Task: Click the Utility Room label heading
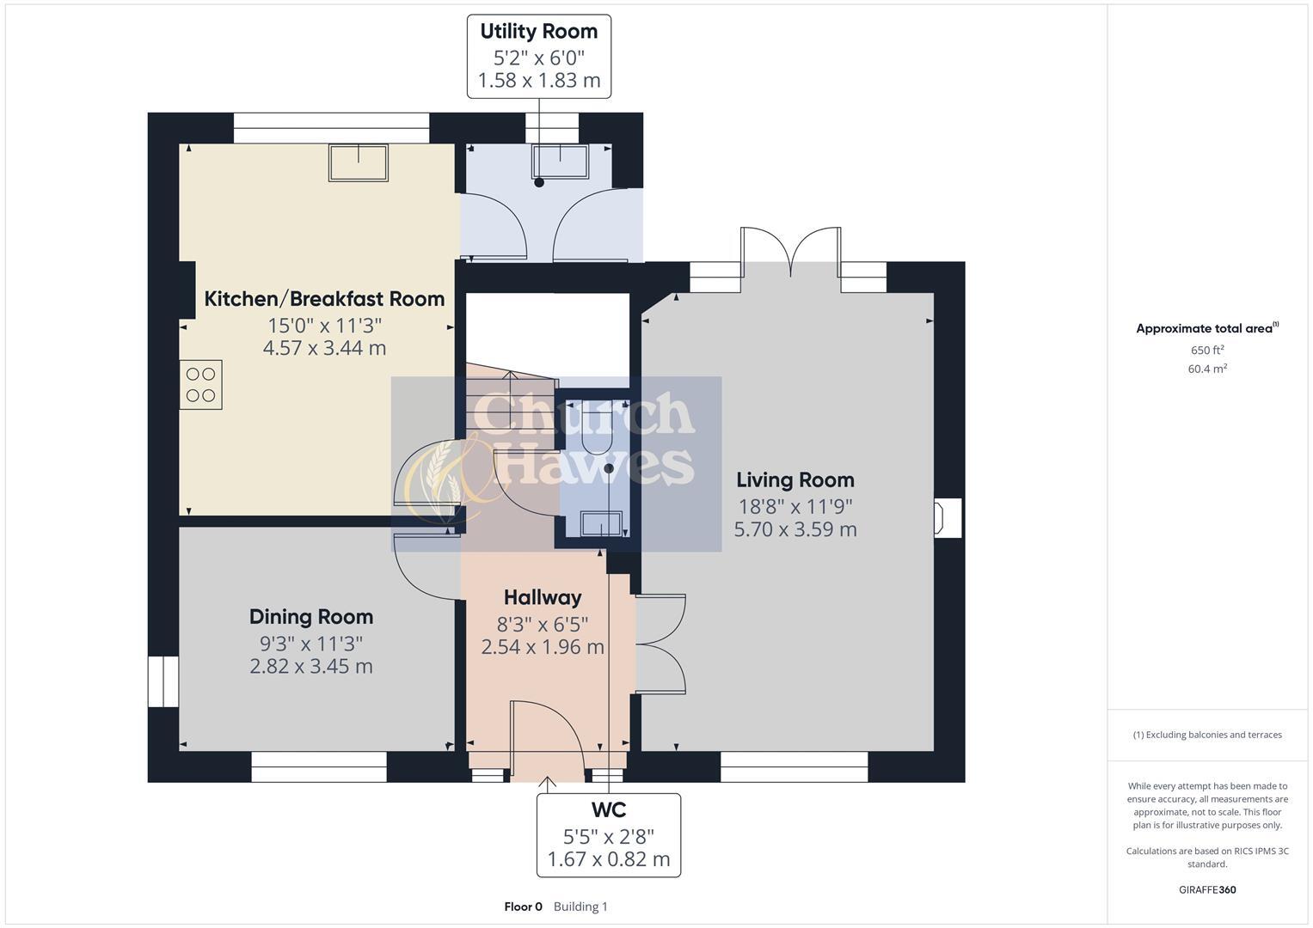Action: click(538, 32)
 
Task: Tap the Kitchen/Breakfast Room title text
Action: click(324, 299)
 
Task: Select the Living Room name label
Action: click(795, 480)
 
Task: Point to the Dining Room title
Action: click(311, 617)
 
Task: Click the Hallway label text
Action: click(543, 597)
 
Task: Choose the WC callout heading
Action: click(608, 809)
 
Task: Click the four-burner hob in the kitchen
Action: click(200, 385)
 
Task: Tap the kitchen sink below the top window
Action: click(358, 162)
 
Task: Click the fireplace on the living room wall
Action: click(947, 518)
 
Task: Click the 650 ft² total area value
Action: click(1207, 351)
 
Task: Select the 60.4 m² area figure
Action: click(1207, 369)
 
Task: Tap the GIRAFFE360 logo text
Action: click(1207, 889)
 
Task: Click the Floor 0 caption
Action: click(523, 907)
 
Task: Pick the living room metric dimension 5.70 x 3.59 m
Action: click(795, 529)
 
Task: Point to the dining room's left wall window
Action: click(163, 681)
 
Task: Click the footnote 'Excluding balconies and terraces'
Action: click(1207, 735)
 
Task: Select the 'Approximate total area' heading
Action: click(1206, 328)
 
